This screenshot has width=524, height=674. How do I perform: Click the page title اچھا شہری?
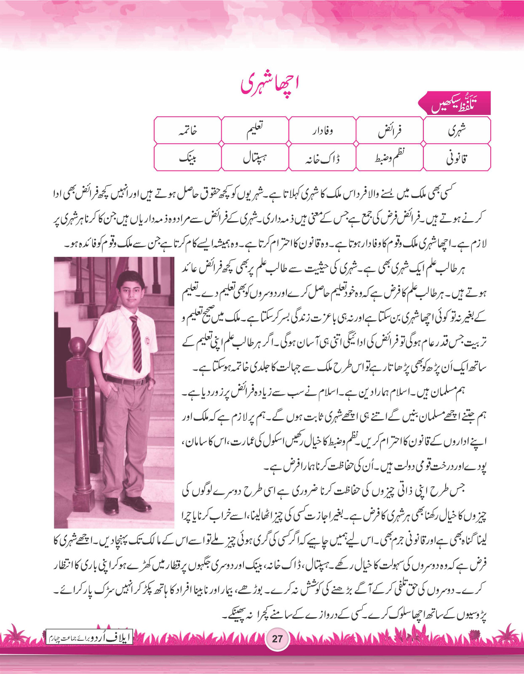pos(270,84)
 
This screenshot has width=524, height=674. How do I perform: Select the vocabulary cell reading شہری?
pos(457,131)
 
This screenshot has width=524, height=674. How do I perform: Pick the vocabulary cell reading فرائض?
pos(390,131)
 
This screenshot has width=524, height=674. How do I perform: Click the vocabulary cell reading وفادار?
pos(322,131)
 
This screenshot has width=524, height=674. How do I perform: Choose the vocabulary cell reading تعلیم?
pos(255,131)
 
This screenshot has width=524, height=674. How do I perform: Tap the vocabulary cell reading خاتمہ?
pos(188,131)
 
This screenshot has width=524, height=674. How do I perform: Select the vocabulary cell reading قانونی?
pos(457,158)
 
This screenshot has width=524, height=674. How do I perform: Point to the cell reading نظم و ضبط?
pos(390,158)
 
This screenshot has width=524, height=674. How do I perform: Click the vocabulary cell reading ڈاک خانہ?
pos(322,158)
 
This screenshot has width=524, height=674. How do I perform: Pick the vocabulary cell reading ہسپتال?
pos(255,158)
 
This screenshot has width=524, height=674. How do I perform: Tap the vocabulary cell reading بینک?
pos(188,158)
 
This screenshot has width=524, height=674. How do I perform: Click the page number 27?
pos(277,638)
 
